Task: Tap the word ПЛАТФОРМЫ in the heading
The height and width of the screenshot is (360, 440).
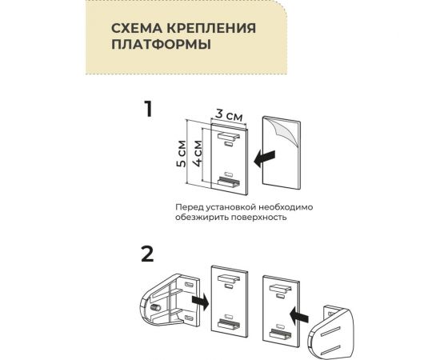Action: [161, 46]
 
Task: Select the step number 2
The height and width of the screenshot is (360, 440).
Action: [146, 254]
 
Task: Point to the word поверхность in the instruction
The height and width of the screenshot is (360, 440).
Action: [258, 218]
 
